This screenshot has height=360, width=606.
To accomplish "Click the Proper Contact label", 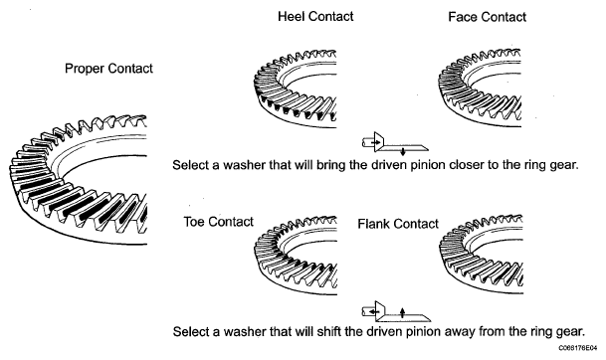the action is [x=108, y=69].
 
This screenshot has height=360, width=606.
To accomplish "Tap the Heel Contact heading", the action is [x=315, y=16].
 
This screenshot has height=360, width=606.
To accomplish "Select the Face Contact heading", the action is [x=487, y=17].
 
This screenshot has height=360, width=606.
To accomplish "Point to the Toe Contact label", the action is [x=218, y=222].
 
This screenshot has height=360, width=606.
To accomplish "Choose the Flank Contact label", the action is [x=398, y=224].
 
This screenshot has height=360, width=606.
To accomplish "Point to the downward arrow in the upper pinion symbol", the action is [x=403, y=151].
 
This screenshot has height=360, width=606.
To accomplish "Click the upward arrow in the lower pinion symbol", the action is [x=402, y=312].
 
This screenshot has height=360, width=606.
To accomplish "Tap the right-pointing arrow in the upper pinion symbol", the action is [x=375, y=142].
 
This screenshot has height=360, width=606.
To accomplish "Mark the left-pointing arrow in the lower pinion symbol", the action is [x=373, y=311].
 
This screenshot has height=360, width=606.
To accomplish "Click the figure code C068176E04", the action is [x=577, y=348].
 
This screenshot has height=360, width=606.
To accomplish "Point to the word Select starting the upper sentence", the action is [x=190, y=165].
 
